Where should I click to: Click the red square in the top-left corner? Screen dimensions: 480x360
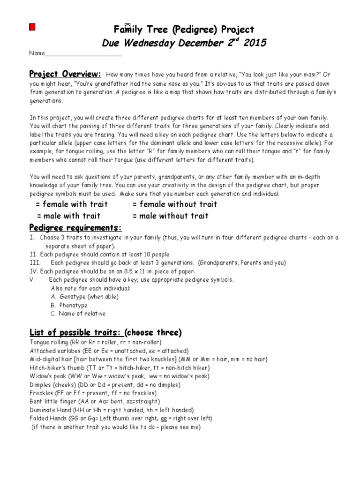[32, 28]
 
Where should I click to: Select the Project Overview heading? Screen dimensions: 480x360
[65, 74]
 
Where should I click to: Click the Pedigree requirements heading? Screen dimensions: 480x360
[75, 228]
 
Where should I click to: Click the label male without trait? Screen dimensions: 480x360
[171, 216]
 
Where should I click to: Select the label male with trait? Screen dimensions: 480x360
[68, 216]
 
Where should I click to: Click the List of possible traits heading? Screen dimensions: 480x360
[76, 333]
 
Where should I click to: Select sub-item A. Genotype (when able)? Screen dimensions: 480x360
[84, 297]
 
